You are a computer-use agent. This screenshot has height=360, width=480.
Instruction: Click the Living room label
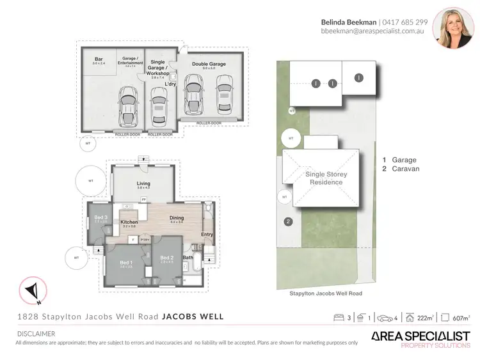[143, 184]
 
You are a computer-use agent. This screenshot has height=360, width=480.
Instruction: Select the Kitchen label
[129, 222]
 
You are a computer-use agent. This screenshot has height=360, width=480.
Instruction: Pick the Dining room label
[177, 218]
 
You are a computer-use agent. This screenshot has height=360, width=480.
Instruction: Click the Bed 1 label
[126, 263]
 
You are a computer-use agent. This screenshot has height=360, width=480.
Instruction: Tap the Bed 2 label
[167, 258]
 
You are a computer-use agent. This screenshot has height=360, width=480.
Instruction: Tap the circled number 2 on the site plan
[289, 222]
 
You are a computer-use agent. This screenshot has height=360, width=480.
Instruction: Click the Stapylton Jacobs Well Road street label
[326, 293]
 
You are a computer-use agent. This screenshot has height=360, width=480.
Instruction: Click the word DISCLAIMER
[35, 334]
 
